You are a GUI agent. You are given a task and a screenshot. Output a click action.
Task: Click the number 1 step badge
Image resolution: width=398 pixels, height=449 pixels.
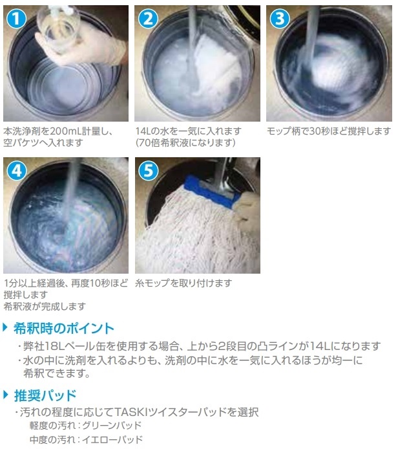16,19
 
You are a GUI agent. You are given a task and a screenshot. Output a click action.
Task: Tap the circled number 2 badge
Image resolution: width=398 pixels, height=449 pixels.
148,19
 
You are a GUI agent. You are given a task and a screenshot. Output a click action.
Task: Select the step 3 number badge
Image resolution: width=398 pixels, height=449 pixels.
280,19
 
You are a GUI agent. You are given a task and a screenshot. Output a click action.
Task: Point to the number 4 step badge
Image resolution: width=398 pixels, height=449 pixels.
17,171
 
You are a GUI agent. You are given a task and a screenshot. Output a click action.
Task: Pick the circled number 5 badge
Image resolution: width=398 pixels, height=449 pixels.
149,171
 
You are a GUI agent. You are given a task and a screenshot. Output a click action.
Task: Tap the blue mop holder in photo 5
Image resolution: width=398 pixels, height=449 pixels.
212,192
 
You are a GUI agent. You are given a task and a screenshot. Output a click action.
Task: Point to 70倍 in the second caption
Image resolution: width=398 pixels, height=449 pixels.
149,142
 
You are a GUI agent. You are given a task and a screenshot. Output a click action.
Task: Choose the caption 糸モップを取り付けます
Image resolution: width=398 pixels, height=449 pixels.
183,283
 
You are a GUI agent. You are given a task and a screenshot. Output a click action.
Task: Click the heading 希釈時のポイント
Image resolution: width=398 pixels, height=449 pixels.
64,328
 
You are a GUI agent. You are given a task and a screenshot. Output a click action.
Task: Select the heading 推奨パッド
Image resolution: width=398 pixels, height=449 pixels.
45,395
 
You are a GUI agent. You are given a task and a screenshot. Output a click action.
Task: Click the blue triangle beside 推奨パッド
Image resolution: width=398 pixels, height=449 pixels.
6,395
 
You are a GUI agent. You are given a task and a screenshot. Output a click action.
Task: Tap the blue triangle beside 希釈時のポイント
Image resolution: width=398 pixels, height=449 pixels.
5,327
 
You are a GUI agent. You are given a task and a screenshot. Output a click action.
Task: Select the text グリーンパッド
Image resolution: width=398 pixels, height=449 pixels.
112,426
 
